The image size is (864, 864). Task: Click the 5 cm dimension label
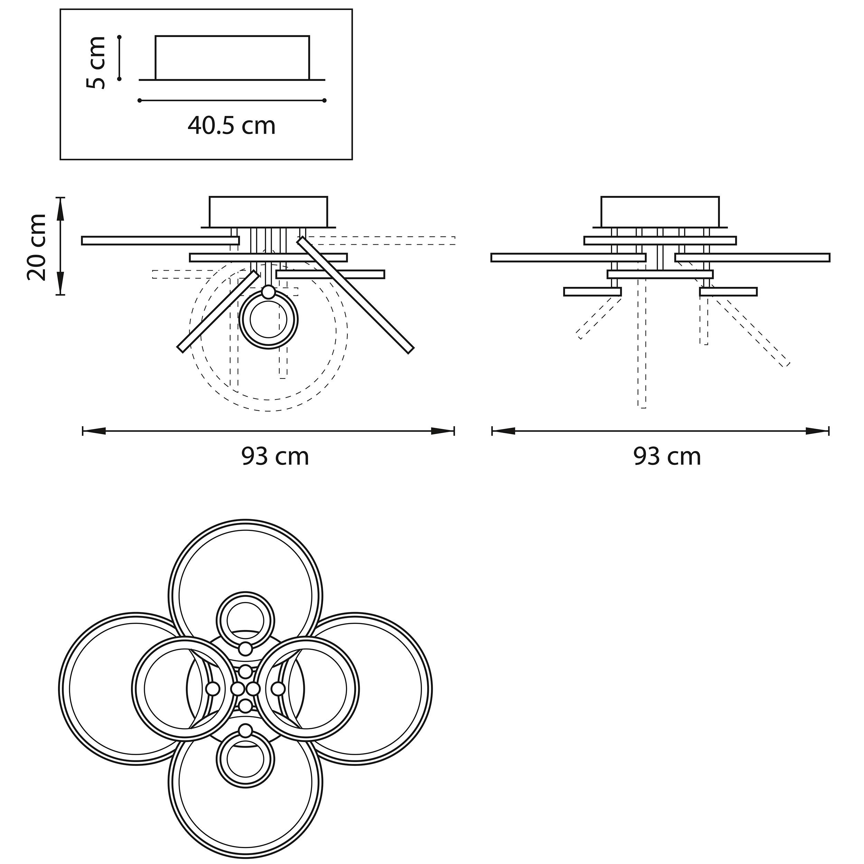pyautogui.click(x=96, y=63)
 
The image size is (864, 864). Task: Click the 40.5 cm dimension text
pyautogui.click(x=232, y=126)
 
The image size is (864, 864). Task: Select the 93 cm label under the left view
pyautogui.click(x=275, y=457)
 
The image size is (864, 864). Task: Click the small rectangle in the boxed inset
pyautogui.click(x=232, y=58)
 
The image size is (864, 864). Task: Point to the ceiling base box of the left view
pyautogui.click(x=268, y=212)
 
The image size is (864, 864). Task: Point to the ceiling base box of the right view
pyautogui.click(x=660, y=212)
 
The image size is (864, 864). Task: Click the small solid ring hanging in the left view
pyautogui.click(x=268, y=320)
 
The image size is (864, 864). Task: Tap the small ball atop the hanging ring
pyautogui.click(x=268, y=292)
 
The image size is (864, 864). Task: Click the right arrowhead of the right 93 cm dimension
pyautogui.click(x=817, y=431)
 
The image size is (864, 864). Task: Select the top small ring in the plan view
pyautogui.click(x=245, y=621)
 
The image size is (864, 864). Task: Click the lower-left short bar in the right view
pyautogui.click(x=593, y=292)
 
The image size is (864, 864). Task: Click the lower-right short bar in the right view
pyautogui.click(x=729, y=292)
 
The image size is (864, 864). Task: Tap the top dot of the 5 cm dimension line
pyautogui.click(x=119, y=37)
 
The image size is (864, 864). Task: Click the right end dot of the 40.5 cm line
pyautogui.click(x=325, y=101)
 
